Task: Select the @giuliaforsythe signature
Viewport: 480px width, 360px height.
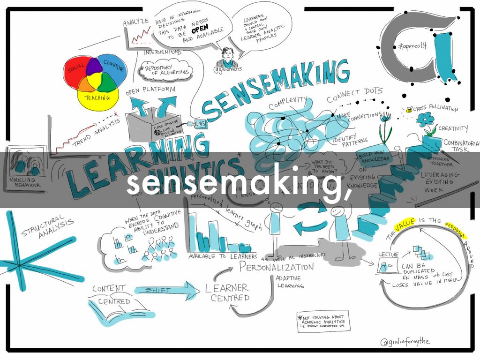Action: click(405, 342)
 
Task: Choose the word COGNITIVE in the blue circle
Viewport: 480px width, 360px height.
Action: click(114, 68)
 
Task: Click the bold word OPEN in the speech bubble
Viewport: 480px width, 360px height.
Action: click(199, 31)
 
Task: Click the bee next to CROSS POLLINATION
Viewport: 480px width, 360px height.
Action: click(409, 110)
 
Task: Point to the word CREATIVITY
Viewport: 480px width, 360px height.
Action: click(453, 128)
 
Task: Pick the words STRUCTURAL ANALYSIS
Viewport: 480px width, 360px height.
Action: click(47, 227)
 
